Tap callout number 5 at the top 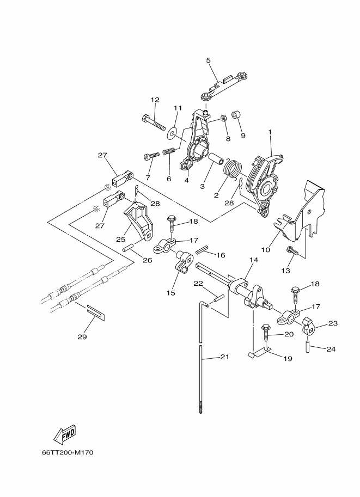point(208,60)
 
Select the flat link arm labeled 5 point(224,85)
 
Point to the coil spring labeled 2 point(234,170)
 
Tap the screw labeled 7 point(151,156)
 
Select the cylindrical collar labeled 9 point(236,115)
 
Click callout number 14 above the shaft point(254,260)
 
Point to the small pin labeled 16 point(203,250)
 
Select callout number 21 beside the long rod point(224,357)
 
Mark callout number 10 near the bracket point(266,250)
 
